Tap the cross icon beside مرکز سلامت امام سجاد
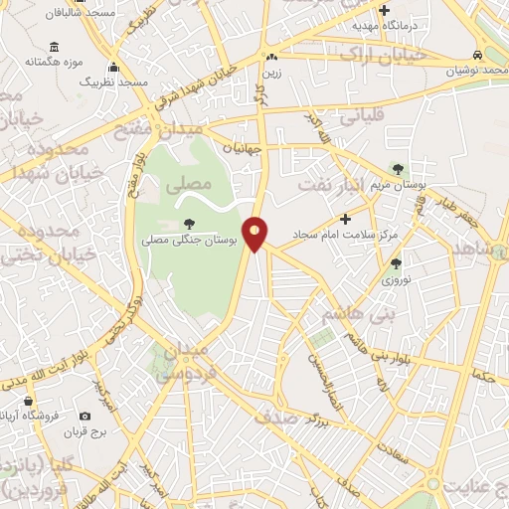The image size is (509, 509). click(x=345, y=219)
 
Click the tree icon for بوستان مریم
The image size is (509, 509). click(x=399, y=169)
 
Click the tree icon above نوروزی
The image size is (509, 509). click(x=397, y=263)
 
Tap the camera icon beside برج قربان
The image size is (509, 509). click(x=85, y=416)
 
